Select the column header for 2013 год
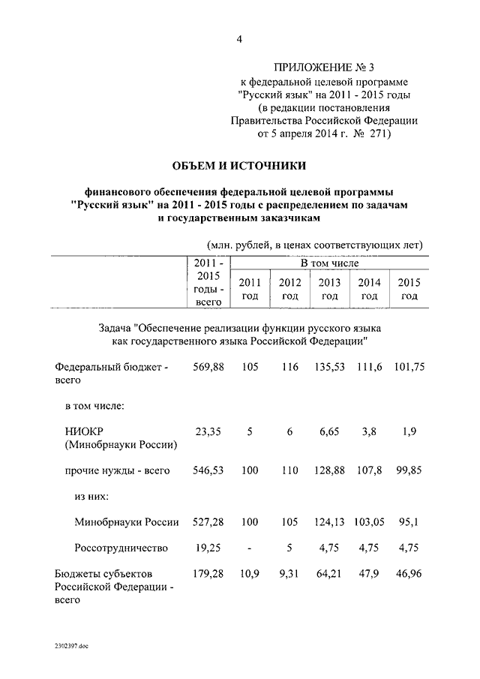[x=329, y=289]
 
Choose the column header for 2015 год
[x=409, y=289]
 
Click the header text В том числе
[x=329, y=263]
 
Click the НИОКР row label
[x=85, y=431]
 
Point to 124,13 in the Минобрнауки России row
[x=329, y=522]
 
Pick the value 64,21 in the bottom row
[x=329, y=574]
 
